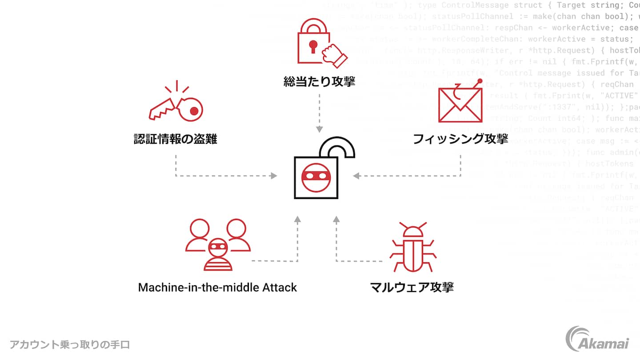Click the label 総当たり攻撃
tap(320, 81)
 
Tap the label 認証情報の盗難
tap(176, 139)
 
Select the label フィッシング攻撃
tap(460, 139)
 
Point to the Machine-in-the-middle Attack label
tap(217, 287)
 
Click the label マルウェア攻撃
tap(412, 287)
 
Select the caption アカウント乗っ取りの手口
tap(70, 344)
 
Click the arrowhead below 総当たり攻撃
tap(319, 129)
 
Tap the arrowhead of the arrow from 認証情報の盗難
tap(274, 176)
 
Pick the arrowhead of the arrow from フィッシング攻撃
tap(356, 176)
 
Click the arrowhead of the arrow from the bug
tap(336, 219)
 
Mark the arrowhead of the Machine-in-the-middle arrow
tap(297, 219)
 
